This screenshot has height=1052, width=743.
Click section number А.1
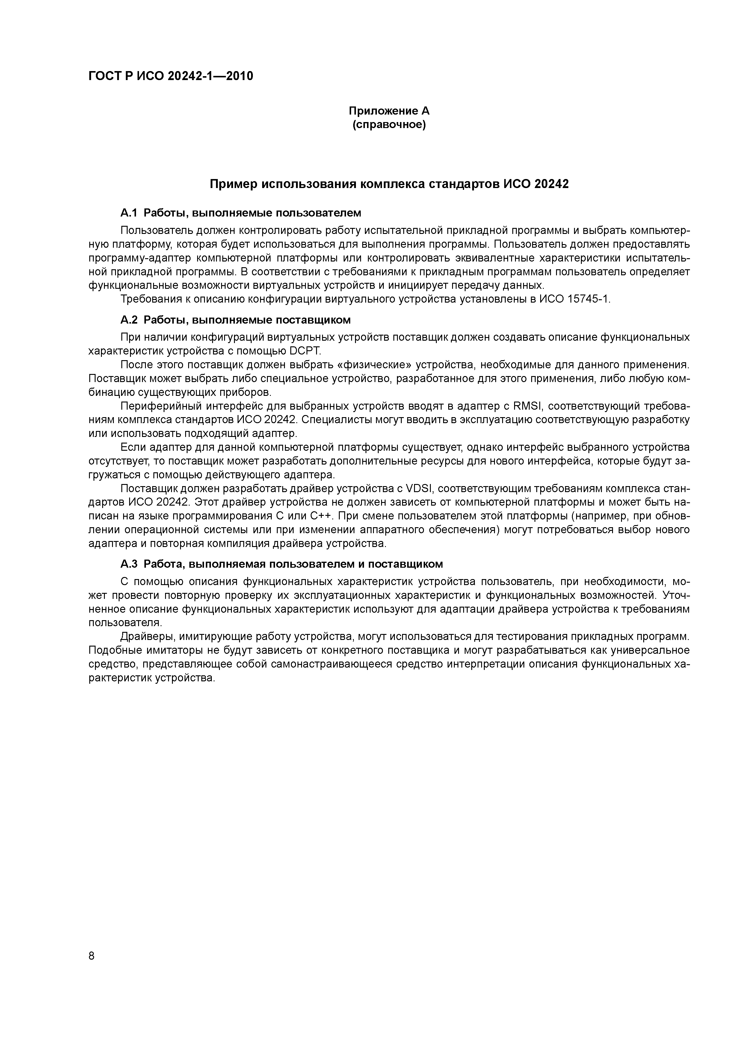(x=129, y=213)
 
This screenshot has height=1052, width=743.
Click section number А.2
(x=129, y=319)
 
